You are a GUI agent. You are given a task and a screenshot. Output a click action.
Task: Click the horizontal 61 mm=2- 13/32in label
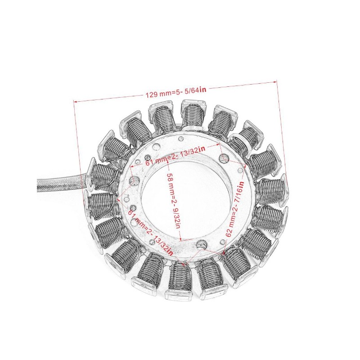pyautogui.click(x=175, y=155)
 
